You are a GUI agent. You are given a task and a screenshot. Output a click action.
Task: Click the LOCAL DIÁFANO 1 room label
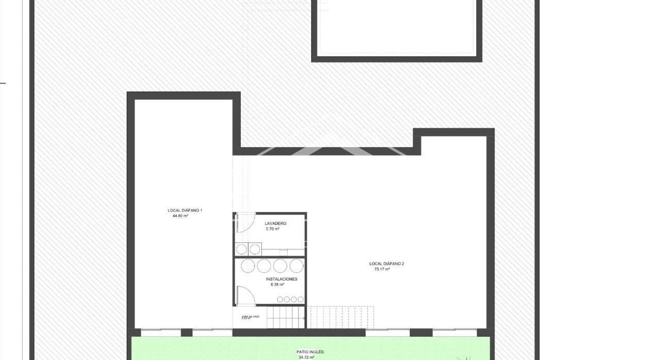pos(185,210)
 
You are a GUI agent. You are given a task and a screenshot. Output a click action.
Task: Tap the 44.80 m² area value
pos(180,216)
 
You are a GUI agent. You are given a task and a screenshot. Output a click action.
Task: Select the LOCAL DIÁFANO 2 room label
pos(387,264)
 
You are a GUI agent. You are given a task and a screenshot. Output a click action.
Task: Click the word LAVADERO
pos(275,223)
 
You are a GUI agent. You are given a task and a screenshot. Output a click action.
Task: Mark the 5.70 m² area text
pos(272,229)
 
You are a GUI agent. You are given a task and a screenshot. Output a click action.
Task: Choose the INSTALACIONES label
pos(281,279)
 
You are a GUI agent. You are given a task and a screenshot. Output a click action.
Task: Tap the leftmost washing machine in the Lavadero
pos(241,250)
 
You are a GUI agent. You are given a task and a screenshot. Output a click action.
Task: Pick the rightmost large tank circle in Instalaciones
pos(296,266)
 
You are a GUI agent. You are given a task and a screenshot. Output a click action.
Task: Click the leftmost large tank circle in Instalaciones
pos(248,266)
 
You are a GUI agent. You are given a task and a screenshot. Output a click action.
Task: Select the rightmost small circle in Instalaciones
pos(300,299)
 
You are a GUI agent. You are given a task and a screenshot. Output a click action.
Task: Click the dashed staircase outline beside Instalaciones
pos(340,317)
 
